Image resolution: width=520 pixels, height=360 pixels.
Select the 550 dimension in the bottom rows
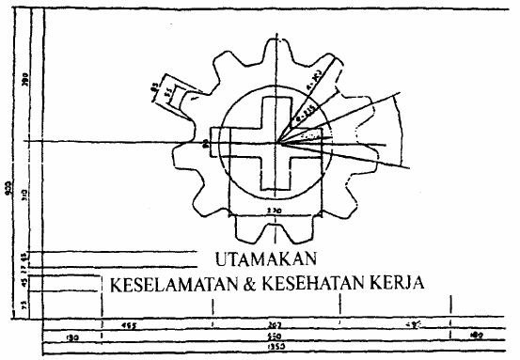pos(274,336)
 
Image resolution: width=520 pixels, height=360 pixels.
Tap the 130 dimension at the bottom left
pos(71,336)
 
